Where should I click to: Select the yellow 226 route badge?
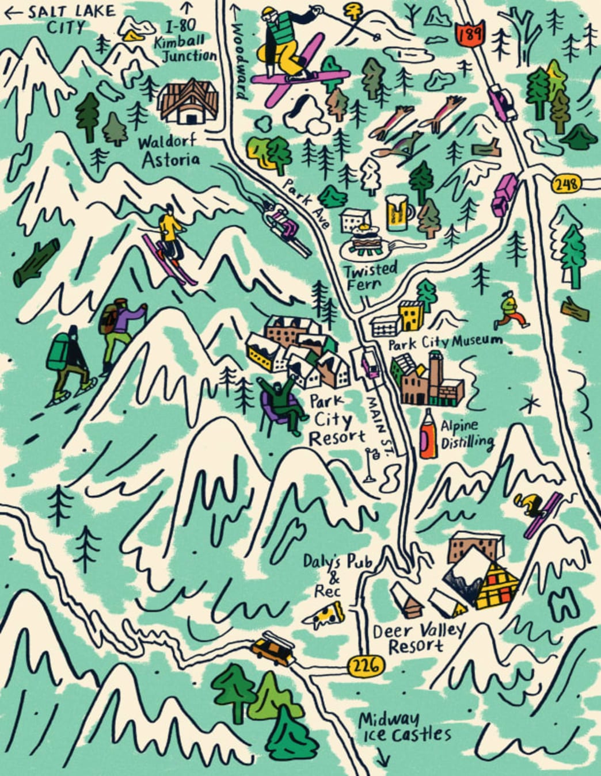366,666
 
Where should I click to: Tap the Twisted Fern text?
370,276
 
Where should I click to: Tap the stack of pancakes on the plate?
365,239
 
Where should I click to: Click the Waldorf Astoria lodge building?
189,102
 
